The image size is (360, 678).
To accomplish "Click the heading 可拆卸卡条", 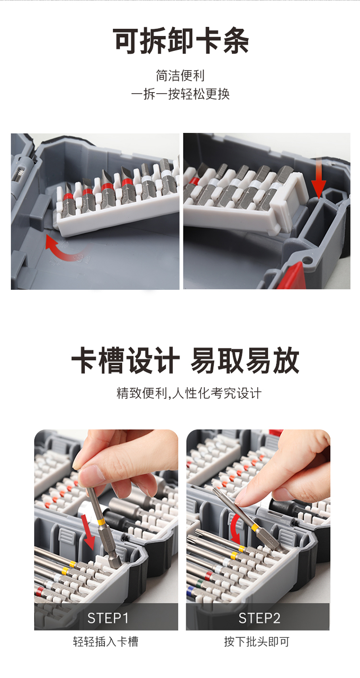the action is pyautogui.click(x=181, y=41).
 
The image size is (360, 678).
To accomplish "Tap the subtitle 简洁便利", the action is pyautogui.click(x=180, y=75).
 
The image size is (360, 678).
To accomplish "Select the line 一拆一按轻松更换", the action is pyautogui.click(x=180, y=94).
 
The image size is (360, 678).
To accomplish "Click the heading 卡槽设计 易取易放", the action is pyautogui.click(x=185, y=360).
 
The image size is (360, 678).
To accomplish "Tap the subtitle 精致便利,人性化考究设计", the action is pyautogui.click(x=189, y=393).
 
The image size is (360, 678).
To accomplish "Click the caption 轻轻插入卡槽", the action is pyautogui.click(x=106, y=642).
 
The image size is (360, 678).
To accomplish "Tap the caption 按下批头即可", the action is pyautogui.click(x=257, y=642).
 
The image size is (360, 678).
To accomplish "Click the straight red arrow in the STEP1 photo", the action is pyautogui.click(x=89, y=533).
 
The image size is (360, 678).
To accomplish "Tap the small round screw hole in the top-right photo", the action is pyautogui.click(x=308, y=259).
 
